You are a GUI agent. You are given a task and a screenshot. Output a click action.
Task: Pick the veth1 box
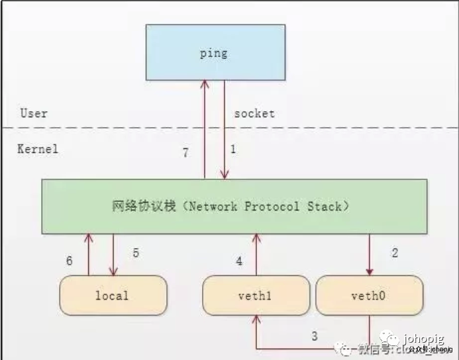tap(256, 295)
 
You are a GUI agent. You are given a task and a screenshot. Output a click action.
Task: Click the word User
tap(34, 113)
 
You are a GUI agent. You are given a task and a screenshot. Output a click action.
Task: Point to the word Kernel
tap(38, 148)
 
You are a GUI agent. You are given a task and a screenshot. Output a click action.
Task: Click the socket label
tap(254, 113)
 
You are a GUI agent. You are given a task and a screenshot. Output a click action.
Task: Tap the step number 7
tap(187, 153)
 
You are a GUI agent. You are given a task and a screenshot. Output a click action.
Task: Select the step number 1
tap(232, 150)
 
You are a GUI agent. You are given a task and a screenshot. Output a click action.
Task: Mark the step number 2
tap(395, 253)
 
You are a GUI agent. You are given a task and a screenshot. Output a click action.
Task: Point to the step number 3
tap(315, 336)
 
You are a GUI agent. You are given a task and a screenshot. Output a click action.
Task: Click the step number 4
tap(239, 261)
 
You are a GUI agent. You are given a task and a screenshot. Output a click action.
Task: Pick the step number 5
tap(135, 253)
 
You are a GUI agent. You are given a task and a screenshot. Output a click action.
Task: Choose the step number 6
tap(70, 261)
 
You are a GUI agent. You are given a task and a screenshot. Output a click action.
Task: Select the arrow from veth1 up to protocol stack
tap(256, 255)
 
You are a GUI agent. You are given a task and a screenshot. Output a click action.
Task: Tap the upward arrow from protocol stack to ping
tap(205, 129)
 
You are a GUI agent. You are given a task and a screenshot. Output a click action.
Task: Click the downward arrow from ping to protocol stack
tap(225, 129)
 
